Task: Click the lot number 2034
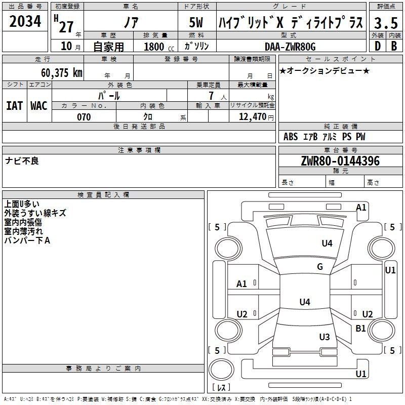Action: (25, 21)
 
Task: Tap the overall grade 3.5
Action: (386, 23)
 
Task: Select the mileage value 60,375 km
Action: (62, 73)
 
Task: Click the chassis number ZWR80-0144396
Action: (340, 161)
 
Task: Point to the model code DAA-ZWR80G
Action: (290, 47)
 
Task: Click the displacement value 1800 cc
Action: (159, 47)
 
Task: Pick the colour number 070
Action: (84, 117)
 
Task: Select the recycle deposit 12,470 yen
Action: (256, 117)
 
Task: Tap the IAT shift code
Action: (14, 106)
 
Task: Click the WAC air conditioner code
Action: (39, 106)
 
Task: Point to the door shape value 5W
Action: (196, 22)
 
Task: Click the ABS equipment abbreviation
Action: (291, 137)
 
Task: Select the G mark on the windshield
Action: (320, 267)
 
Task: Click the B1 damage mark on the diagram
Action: (360, 328)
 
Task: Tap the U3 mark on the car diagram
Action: (325, 337)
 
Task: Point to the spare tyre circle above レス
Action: (221, 370)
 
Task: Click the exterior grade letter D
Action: (378, 46)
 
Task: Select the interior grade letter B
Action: (394, 46)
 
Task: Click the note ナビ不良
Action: (22, 161)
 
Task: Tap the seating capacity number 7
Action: (211, 96)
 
